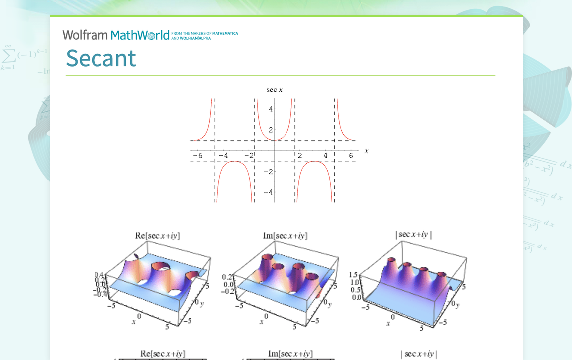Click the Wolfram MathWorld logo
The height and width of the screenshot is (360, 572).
(x=116, y=35)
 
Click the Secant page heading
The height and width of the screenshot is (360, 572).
(x=101, y=58)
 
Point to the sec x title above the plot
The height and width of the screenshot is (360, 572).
(x=275, y=90)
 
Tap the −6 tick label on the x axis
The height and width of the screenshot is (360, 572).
(x=197, y=156)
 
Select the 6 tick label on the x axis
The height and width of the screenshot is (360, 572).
(x=351, y=156)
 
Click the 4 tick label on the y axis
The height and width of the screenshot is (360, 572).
(x=271, y=109)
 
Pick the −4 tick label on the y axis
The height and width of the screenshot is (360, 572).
(x=269, y=192)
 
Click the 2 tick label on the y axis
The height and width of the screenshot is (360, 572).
(x=271, y=130)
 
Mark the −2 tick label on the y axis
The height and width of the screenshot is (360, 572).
(x=269, y=171)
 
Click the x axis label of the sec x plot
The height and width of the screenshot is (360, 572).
(x=367, y=151)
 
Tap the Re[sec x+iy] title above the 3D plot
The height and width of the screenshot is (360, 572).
(x=158, y=236)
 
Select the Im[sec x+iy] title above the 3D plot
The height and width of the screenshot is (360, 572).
(x=285, y=236)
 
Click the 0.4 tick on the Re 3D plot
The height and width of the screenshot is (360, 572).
(x=99, y=274)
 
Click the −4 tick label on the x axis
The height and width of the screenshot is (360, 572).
(x=223, y=156)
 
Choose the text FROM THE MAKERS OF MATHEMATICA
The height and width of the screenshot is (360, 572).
(x=204, y=33)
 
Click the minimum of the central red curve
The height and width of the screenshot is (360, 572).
(x=275, y=140)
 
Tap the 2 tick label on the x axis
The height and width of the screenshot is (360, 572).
(x=300, y=156)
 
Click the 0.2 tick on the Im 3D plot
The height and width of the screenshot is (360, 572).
(x=227, y=277)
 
